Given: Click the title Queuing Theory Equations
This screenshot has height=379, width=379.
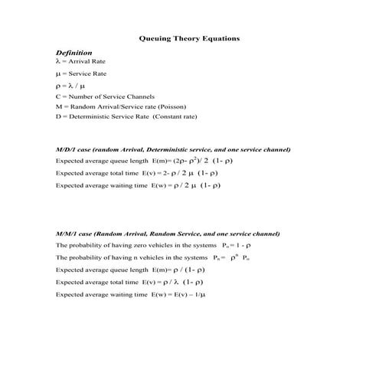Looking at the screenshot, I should click(x=189, y=37).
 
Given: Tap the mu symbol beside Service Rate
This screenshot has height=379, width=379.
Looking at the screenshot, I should click(x=57, y=74).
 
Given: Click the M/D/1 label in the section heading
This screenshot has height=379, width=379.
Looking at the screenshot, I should click(x=67, y=149).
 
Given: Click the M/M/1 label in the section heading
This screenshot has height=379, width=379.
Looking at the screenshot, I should click(x=67, y=233).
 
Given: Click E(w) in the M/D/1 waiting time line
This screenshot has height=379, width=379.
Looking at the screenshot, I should click(x=159, y=185).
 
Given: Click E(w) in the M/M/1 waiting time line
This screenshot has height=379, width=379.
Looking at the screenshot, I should click(x=159, y=294).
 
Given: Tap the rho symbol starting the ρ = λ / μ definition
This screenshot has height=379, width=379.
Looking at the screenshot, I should click(x=57, y=86).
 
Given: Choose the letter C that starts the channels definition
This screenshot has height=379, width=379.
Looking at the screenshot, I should click(x=58, y=96).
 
